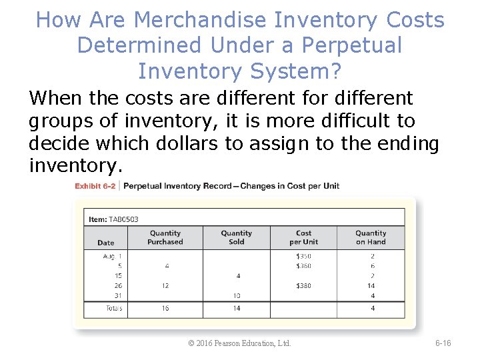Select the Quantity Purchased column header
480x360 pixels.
coord(165,237)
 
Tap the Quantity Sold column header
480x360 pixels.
coord(237,237)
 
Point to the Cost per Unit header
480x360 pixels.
coord(303,237)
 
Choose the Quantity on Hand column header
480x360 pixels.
coord(371,237)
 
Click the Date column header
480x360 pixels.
coord(105,243)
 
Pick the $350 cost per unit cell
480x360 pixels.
coord(303,256)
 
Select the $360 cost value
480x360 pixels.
coord(303,266)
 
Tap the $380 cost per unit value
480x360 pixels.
coord(303,286)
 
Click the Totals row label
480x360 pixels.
coord(113,309)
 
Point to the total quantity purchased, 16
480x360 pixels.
coord(165,309)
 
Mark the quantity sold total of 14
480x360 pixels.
coord(237,309)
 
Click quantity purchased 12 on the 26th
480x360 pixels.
coord(165,286)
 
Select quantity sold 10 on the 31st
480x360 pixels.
coord(237,296)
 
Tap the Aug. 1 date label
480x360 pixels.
coord(112,256)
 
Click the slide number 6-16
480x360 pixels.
coord(443,343)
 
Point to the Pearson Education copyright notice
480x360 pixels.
coord(240,343)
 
